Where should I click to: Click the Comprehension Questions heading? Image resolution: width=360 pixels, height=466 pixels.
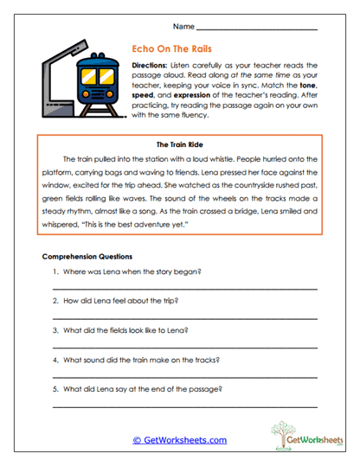(87, 257)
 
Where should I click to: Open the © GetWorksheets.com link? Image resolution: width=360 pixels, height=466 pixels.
(179, 439)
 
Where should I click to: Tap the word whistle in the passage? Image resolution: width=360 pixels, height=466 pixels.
(251, 159)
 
